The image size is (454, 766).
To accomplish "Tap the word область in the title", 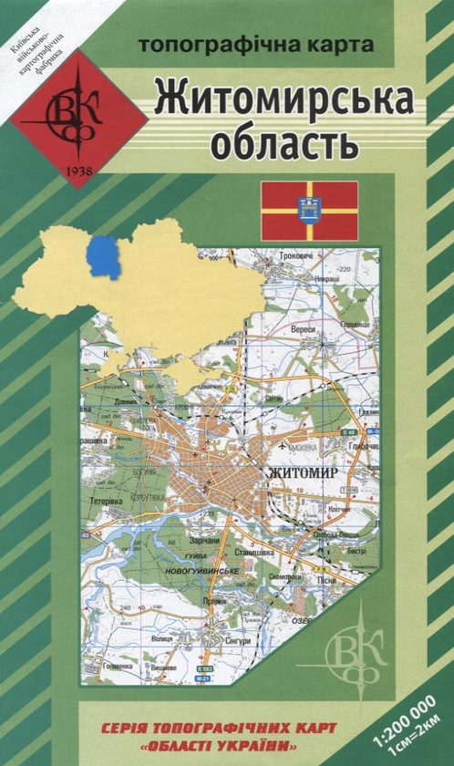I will [283, 141].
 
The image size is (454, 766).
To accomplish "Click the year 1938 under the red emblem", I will [79, 171].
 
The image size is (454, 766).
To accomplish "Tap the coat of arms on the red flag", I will [309, 210].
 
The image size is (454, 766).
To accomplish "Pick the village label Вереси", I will [304, 328].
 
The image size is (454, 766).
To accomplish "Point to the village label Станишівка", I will [253, 551].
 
